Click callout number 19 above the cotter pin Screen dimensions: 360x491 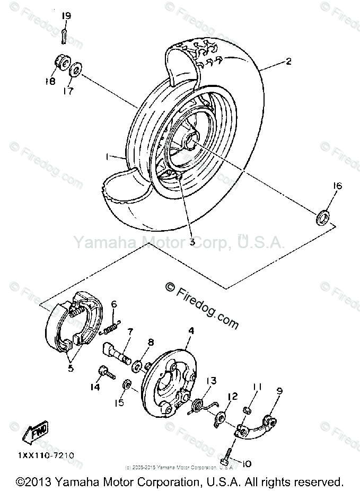coord(66,16)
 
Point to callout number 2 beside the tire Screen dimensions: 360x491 coord(288,61)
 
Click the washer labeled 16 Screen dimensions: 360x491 coord(322,216)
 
